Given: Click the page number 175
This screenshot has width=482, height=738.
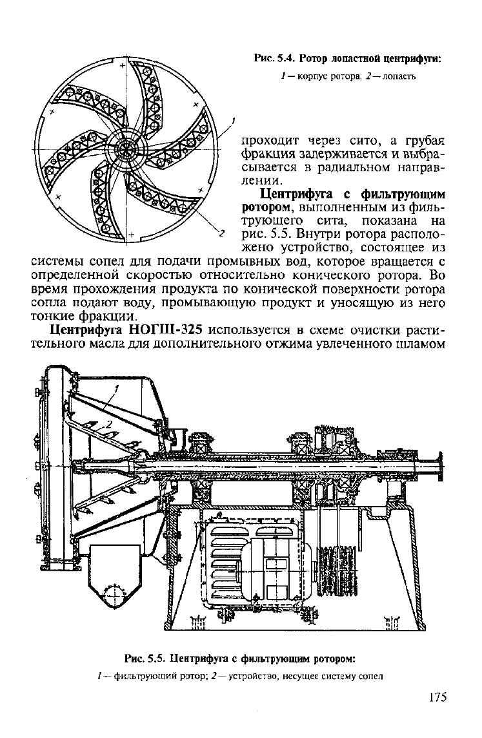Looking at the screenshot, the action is [437, 697].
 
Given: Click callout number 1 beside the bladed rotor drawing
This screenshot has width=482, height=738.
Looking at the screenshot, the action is [233, 122].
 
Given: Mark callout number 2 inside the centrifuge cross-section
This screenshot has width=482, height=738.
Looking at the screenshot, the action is [110, 424].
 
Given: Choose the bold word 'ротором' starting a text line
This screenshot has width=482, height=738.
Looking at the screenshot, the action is [267, 207].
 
